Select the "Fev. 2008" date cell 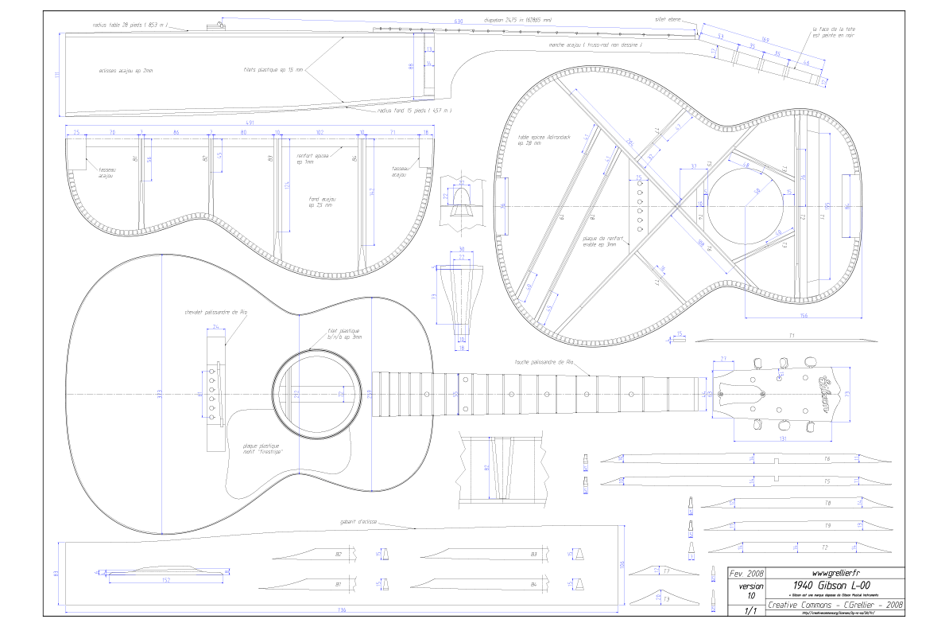[x=746, y=573]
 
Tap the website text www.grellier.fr [x=835, y=573]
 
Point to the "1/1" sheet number [x=747, y=611]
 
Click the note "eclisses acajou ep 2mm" [x=126, y=71]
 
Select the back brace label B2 [x=338, y=554]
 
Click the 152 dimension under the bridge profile [x=165, y=580]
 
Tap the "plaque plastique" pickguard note [x=262, y=450]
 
